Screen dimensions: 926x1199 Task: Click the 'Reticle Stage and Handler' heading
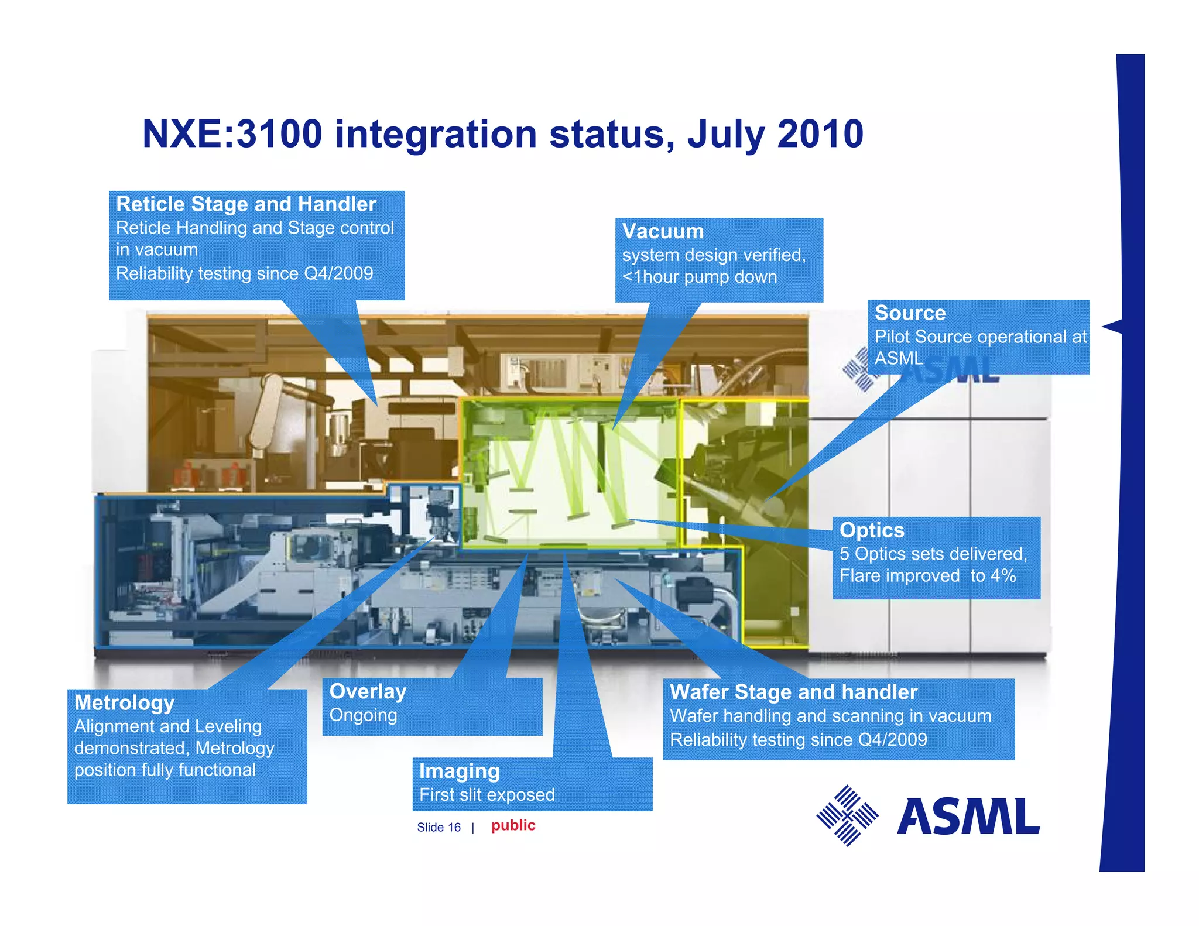point(246,204)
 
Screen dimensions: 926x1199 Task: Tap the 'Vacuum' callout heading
point(662,231)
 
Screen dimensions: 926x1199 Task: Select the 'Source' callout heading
point(910,313)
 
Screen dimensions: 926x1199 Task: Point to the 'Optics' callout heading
point(872,530)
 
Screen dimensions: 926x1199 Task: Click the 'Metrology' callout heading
point(124,702)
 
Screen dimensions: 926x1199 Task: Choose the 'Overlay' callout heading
point(368,691)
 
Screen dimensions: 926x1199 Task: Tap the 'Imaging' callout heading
point(459,771)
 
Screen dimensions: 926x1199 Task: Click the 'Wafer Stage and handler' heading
point(793,692)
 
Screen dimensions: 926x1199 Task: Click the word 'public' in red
point(513,825)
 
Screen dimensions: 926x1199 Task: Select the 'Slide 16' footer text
point(439,827)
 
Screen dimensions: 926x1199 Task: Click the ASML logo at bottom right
point(928,816)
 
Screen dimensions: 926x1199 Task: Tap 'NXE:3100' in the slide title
point(232,134)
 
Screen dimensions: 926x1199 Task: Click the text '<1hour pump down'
point(699,277)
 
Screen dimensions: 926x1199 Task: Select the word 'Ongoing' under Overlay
point(363,715)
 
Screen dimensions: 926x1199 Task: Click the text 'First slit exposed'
point(487,795)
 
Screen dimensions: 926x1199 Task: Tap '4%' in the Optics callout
point(1002,575)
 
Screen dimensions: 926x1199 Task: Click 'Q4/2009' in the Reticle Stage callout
point(338,273)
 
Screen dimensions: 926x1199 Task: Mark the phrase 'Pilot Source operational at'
point(980,337)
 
